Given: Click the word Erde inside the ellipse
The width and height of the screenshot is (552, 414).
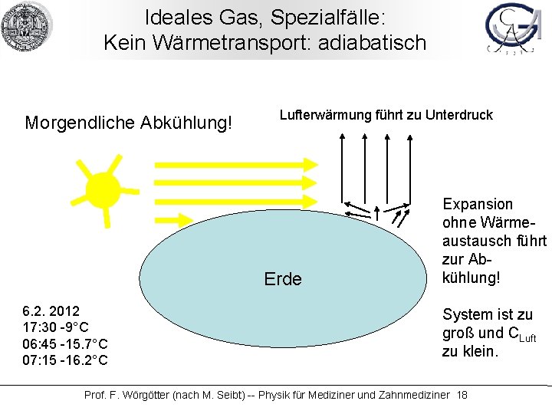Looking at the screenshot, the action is tap(282, 279).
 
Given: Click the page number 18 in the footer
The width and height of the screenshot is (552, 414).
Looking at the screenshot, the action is tap(462, 395).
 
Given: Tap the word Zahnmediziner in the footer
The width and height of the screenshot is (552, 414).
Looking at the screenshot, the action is tap(411, 395).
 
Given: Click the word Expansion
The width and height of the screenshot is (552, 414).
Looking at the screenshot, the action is tap(478, 204).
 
